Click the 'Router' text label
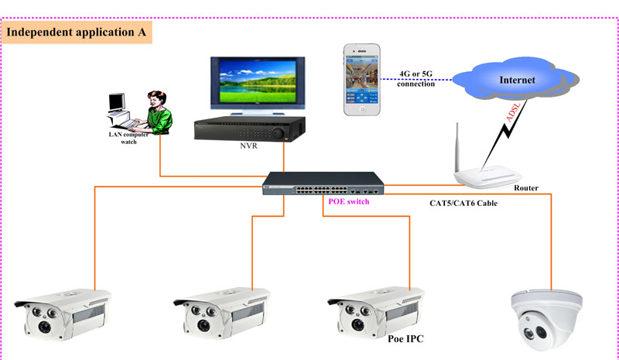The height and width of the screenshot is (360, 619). click(x=525, y=188)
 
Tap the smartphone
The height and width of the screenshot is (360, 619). click(x=362, y=80)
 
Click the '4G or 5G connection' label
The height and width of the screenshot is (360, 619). click(x=416, y=79)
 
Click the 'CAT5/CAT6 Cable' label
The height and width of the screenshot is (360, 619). click(x=463, y=204)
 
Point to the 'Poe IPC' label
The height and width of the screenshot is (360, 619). click(x=404, y=338)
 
